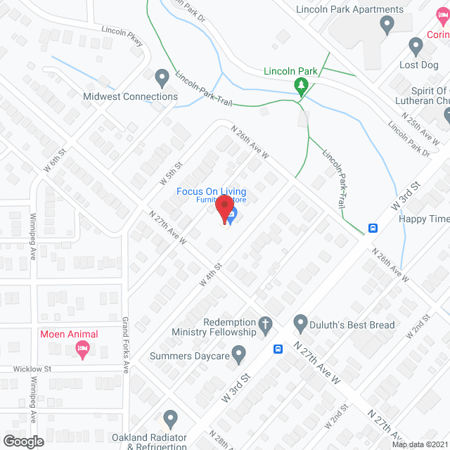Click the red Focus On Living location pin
(x=224, y=210)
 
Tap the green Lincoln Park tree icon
(x=302, y=86)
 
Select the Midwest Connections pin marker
(x=162, y=77)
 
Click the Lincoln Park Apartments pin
(x=386, y=25)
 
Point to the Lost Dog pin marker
(x=416, y=46)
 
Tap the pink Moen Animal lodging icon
(x=82, y=349)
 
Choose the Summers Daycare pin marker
(x=239, y=354)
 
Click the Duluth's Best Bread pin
(x=301, y=323)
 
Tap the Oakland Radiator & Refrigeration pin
(x=169, y=419)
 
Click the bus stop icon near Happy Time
(x=373, y=228)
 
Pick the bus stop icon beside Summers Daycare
(x=278, y=349)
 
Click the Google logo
(x=23, y=441)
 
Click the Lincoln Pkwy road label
(x=123, y=37)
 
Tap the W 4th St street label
(x=210, y=274)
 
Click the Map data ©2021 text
(x=420, y=444)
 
